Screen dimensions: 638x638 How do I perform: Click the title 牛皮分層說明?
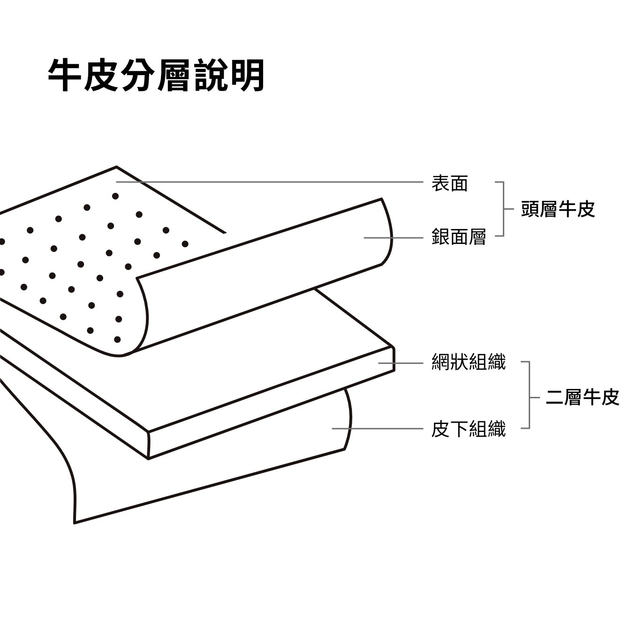(156, 75)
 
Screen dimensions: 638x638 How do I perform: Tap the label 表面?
(449, 183)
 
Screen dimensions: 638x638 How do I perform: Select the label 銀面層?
(458, 237)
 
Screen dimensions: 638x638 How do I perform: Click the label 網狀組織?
(468, 362)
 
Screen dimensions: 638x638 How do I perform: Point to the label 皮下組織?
(468, 429)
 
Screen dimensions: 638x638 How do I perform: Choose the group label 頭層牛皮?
(557, 209)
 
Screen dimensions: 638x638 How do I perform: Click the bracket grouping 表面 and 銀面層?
(503, 209)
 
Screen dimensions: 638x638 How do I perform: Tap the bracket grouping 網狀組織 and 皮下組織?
(529, 395)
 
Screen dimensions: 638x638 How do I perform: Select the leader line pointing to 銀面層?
(393, 238)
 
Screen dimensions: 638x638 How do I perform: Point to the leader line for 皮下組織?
(378, 428)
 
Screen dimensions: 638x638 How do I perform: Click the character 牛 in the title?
(65, 75)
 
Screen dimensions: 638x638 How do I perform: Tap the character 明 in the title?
(248, 75)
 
